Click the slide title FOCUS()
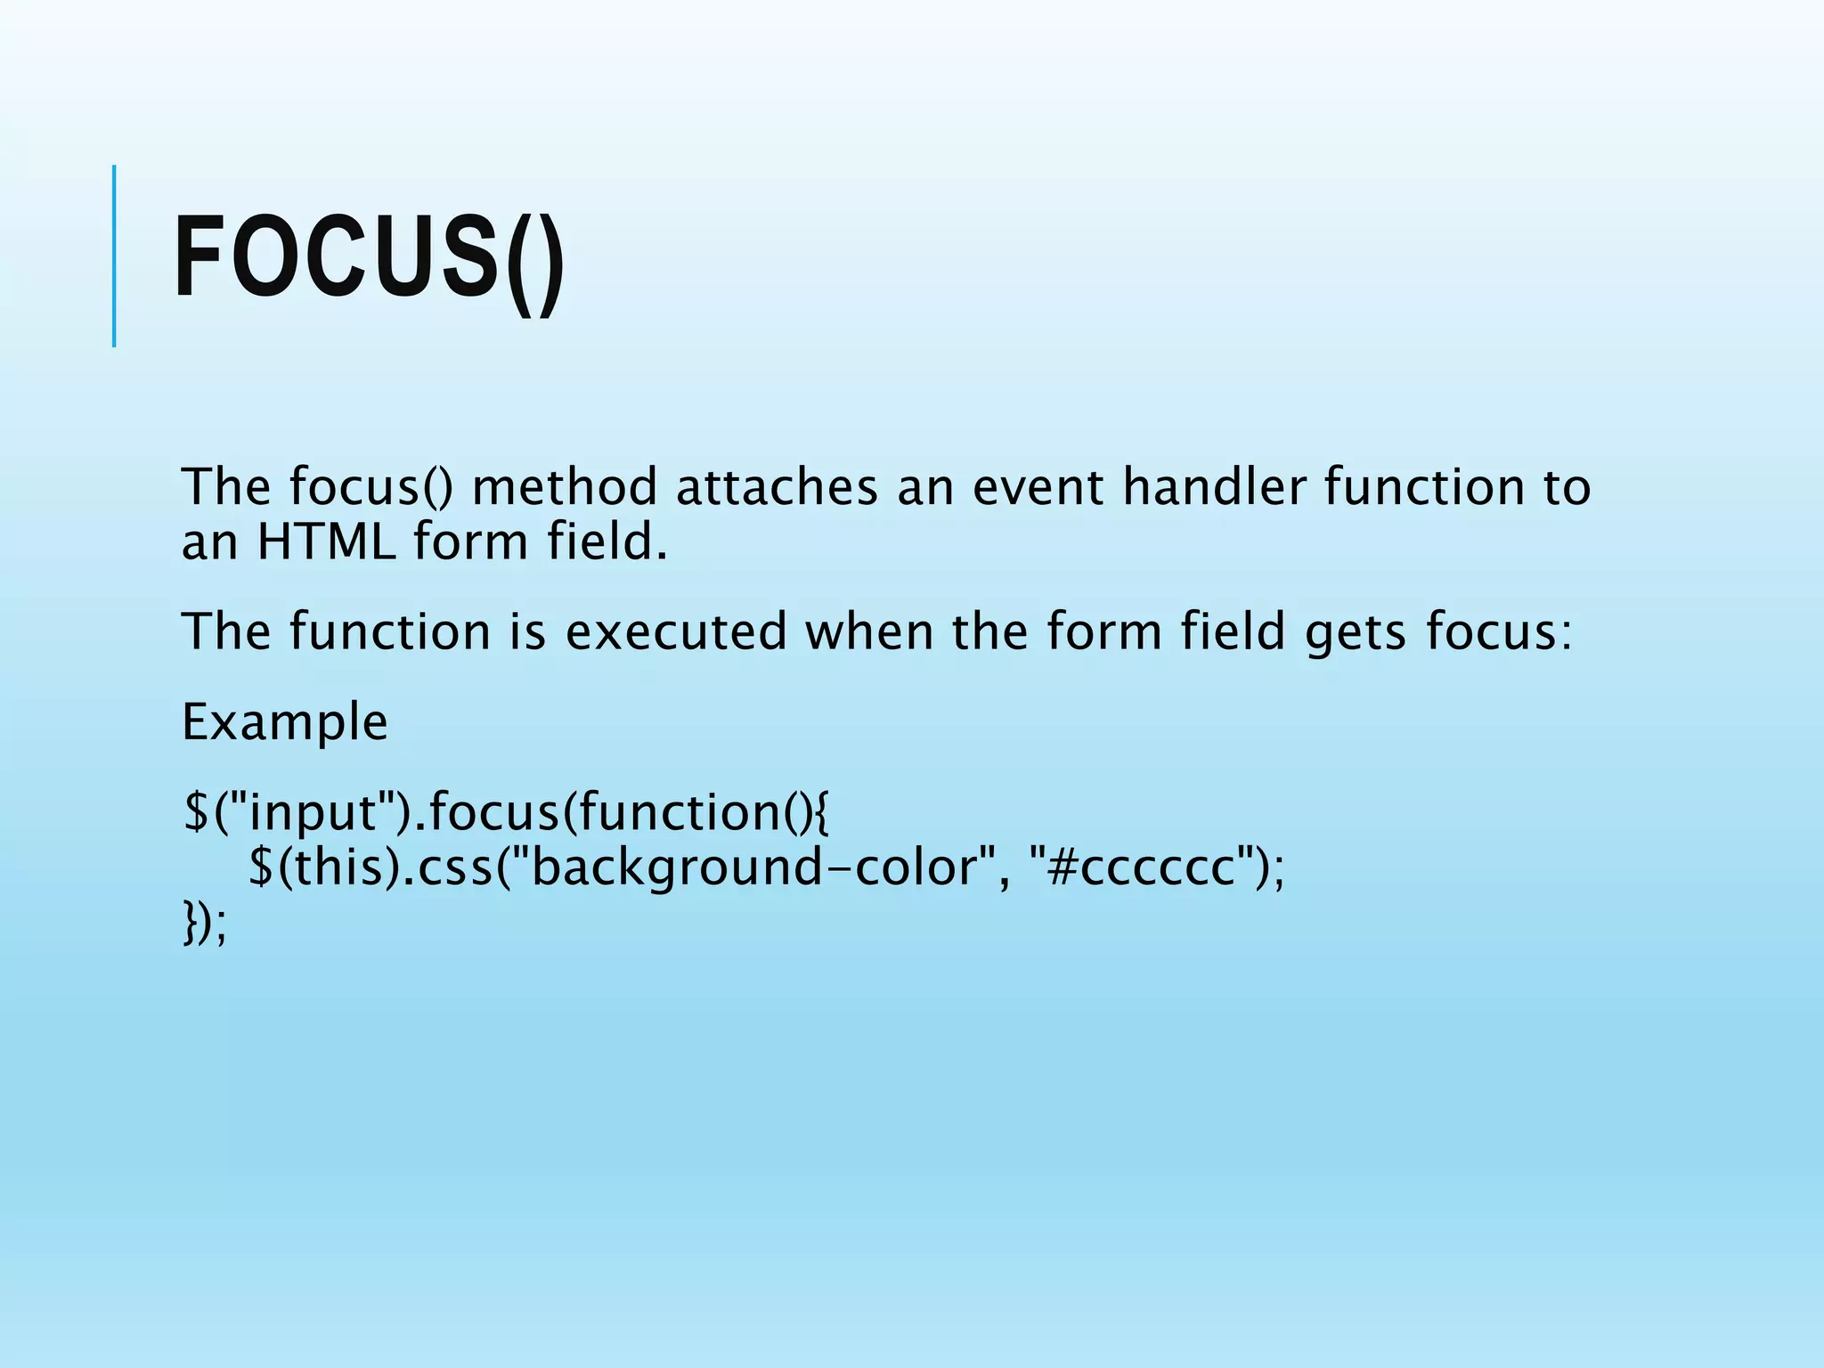tap(369, 258)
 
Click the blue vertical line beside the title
tap(114, 256)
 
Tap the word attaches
tap(777, 488)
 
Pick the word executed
tap(677, 632)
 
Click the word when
tap(869, 632)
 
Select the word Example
tap(285, 722)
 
